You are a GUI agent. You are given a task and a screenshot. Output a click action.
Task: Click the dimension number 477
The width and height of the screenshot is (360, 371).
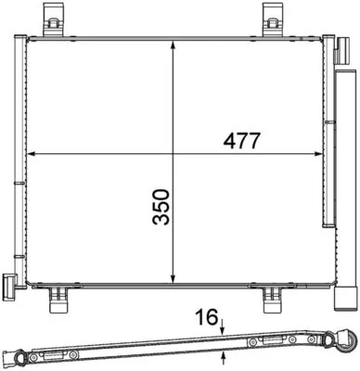point(240,141)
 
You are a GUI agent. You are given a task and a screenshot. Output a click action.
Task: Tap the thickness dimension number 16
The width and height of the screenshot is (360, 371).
point(205,319)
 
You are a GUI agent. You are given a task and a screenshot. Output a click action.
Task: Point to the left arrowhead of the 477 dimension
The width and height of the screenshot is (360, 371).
point(32,152)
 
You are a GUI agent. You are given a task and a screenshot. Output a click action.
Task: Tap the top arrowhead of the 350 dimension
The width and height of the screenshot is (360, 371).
point(174,44)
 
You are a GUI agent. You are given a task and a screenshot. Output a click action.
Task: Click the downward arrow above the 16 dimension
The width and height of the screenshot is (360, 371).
point(223,325)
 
